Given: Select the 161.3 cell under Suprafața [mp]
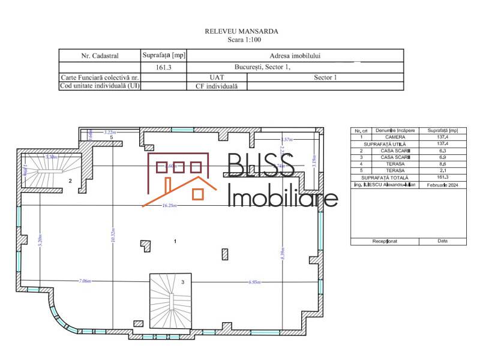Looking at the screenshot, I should click(163, 68).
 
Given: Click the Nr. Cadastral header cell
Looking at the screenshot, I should click(100, 56).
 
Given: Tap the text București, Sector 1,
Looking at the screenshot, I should click(264, 67).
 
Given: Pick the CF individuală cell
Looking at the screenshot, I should click(217, 86).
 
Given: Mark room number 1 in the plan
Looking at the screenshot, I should click(175, 241).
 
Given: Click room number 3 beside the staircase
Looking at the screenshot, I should click(182, 281).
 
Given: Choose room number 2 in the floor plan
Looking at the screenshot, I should click(70, 180).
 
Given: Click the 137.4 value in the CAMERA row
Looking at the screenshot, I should click(442, 137).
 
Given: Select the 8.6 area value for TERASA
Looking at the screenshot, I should click(442, 163).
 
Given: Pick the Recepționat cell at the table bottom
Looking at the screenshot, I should click(384, 241).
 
